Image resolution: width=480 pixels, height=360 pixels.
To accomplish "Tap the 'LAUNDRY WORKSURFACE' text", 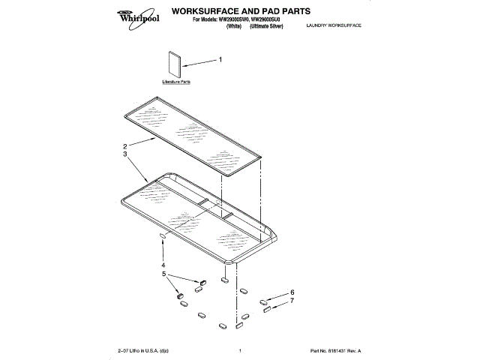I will coord(334,26).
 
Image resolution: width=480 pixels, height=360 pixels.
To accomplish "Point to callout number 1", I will coord(220,59).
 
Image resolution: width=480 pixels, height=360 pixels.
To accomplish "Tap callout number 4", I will coord(163,265).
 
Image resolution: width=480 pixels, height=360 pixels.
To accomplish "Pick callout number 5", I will coord(163,274).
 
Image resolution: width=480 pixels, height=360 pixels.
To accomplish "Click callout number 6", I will coord(292,292).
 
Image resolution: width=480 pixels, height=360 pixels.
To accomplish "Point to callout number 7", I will coord(292,301).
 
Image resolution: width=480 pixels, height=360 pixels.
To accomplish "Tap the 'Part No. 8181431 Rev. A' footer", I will coord(336,351).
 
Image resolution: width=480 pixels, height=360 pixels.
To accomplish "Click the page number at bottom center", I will coord(239,351).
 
